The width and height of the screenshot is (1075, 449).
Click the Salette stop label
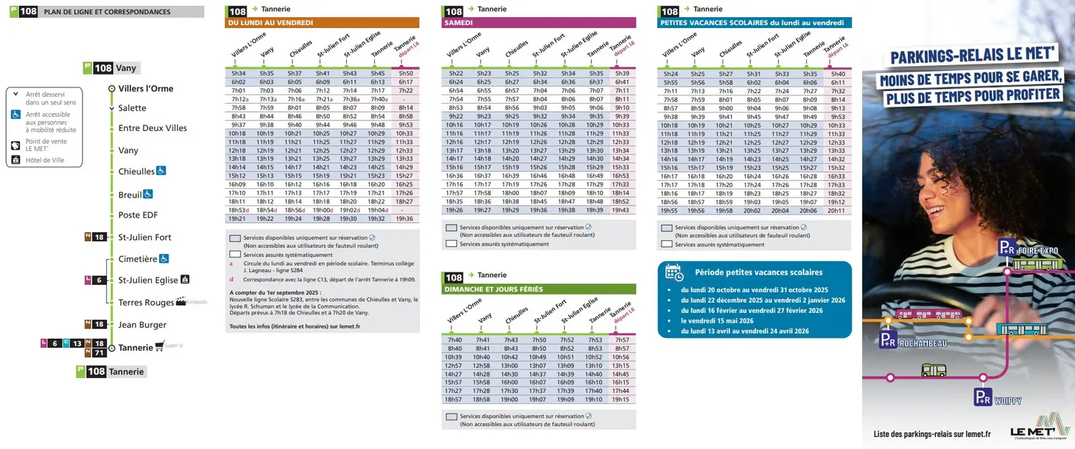coord(132,108)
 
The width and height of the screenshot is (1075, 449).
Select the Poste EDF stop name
coord(138,215)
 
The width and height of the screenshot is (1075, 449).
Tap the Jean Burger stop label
coord(142,324)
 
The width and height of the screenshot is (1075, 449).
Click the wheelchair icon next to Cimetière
coord(164,259)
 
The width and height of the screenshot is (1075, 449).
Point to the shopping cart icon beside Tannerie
coord(159,346)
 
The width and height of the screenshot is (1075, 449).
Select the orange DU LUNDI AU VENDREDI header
coord(322,23)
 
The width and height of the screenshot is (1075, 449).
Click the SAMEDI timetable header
coord(538,23)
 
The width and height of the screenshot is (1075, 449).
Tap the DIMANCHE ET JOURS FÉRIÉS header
coord(538,289)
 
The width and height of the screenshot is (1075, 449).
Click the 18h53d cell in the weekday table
coord(239,210)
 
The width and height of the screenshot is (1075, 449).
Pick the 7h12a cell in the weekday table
coord(239,99)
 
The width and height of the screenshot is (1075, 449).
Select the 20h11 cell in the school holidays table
coord(836,211)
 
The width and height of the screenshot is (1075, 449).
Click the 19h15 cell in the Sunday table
coord(621,400)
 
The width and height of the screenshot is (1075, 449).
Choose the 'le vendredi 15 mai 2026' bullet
coord(718,321)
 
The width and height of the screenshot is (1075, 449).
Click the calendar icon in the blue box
coord(674,272)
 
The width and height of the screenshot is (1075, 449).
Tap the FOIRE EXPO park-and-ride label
coord(1038,251)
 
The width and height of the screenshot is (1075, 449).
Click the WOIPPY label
coord(1008,401)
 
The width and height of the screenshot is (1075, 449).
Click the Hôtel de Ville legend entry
coord(44,160)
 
